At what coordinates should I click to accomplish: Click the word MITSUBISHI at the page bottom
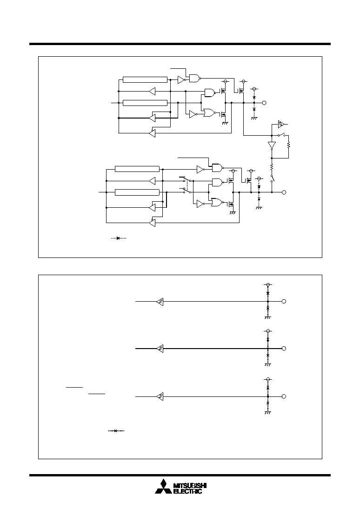pos(190,486)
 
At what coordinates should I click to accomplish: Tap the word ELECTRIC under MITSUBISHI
pos(188,491)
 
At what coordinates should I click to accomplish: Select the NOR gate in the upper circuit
pos(209,113)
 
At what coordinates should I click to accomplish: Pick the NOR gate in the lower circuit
pos(218,203)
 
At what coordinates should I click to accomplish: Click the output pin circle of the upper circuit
pos(264,103)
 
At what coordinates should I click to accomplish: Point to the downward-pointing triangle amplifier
pos(272,145)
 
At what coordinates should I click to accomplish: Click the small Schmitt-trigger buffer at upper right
pos(281,124)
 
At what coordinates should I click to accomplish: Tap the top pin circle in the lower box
pos(284,301)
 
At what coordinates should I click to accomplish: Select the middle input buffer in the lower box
pos(160,349)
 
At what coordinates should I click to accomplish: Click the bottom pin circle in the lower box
pos(284,396)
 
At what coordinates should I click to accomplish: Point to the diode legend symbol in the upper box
pos(119,238)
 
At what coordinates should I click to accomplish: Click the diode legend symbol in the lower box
pos(116,430)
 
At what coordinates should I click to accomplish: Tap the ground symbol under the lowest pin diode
pos(267,412)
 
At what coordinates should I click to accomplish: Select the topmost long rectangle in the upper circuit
pos(145,79)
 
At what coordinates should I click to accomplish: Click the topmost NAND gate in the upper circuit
pos(194,78)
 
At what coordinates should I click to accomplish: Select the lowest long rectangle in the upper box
pos(137,192)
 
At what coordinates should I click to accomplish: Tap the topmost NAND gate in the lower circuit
pos(217,167)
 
